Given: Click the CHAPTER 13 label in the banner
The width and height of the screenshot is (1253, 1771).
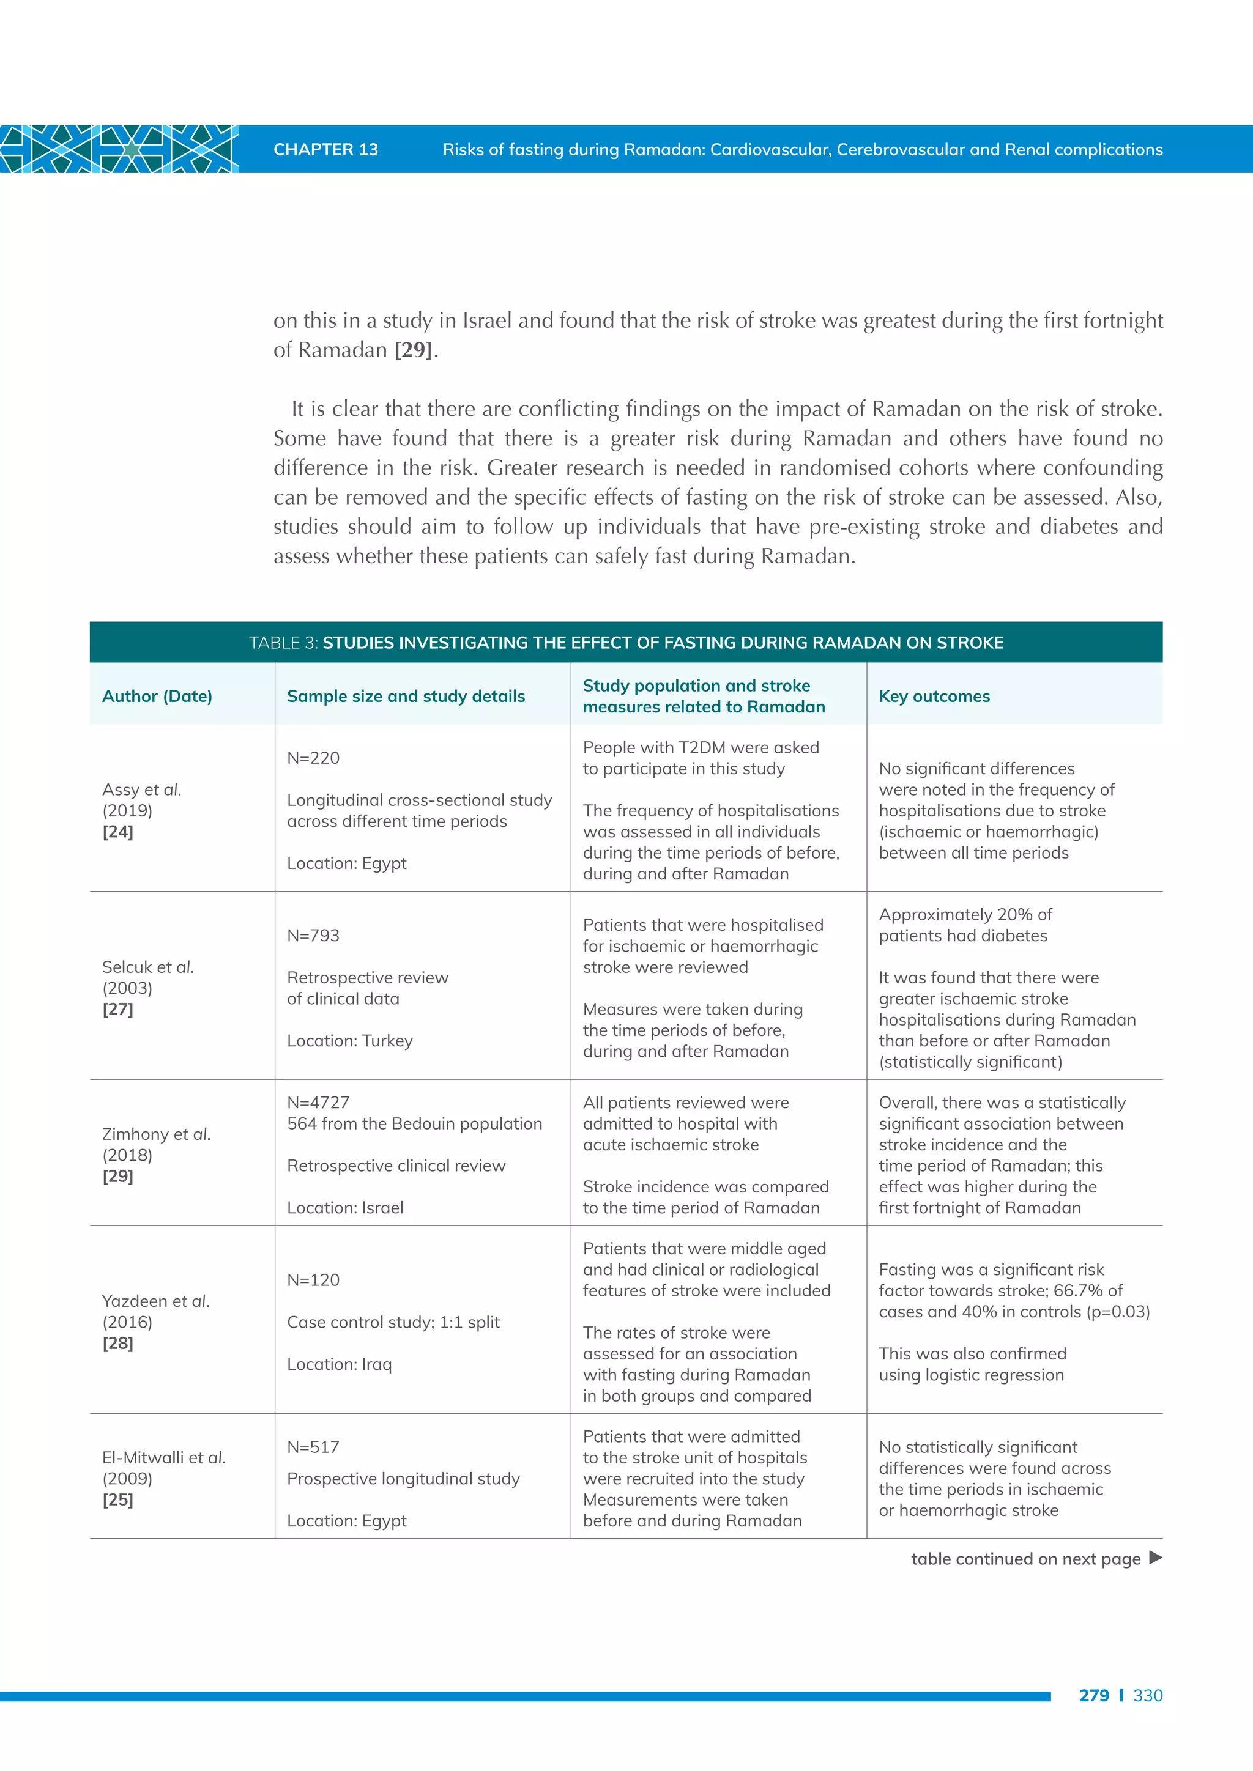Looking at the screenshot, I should tap(325, 150).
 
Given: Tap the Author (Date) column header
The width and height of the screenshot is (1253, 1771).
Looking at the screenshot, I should tap(157, 697).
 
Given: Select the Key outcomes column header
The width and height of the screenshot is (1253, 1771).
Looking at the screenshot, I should tap(934, 697).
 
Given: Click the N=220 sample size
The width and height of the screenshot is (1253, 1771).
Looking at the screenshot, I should tap(313, 758).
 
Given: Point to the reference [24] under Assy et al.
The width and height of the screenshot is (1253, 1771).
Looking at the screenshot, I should tap(118, 832).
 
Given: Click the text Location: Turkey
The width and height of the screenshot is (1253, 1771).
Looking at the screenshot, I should tap(349, 1041).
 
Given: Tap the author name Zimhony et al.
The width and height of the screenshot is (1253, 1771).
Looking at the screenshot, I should tap(156, 1134).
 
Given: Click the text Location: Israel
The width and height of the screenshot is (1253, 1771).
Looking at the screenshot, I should tap(345, 1208).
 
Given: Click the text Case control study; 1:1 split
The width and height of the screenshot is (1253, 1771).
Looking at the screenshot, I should tap(393, 1323).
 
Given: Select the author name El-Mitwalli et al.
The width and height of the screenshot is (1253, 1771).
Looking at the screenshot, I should tap(163, 1458).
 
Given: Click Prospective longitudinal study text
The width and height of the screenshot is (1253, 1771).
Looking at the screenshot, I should tap(403, 1479).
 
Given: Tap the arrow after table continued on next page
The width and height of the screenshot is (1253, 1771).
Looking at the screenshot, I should tap(1155, 1558).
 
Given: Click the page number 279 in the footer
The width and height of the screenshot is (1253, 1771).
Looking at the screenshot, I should tap(1093, 1695).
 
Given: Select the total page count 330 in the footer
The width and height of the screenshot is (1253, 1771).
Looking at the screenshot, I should tap(1147, 1695).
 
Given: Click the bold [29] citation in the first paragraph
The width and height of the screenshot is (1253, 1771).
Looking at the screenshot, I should tap(414, 350).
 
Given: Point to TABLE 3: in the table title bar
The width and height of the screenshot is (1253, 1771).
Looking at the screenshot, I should tap(283, 643).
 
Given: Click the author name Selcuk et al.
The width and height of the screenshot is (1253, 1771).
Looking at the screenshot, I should tap(147, 967).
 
